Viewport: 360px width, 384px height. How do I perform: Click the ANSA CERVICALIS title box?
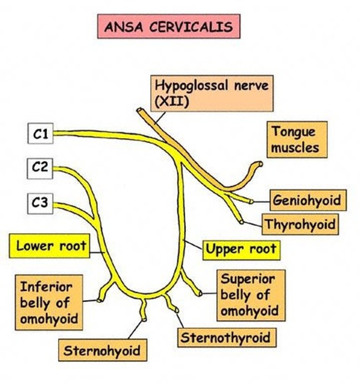(x=169, y=26)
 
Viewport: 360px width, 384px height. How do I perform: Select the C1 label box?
(x=40, y=134)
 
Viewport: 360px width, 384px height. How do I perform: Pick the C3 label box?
(x=40, y=204)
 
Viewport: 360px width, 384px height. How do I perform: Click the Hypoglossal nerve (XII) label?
(x=212, y=93)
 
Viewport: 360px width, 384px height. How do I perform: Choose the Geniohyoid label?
(x=308, y=200)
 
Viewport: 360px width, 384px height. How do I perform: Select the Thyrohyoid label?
(x=300, y=224)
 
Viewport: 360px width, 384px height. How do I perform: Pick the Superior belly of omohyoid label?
(x=251, y=295)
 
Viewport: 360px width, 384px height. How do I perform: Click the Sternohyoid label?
(x=102, y=350)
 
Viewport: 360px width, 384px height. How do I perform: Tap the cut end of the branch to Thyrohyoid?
(x=241, y=221)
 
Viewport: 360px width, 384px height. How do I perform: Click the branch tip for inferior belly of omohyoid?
(x=100, y=300)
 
